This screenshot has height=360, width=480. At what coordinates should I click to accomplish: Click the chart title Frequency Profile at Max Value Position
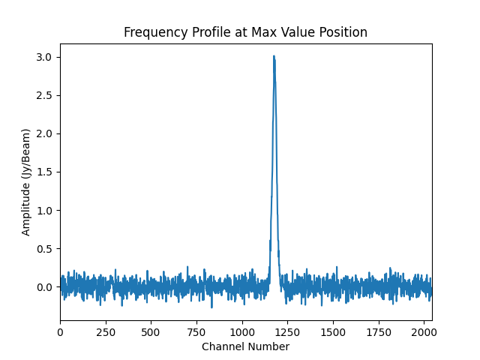[245, 32]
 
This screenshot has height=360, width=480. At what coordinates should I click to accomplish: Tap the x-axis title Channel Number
[245, 346]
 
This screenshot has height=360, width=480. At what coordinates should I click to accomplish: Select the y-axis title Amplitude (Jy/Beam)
[26, 182]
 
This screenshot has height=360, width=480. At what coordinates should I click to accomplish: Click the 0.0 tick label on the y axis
[46, 287]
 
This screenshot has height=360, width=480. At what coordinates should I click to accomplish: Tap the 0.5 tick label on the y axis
[46, 249]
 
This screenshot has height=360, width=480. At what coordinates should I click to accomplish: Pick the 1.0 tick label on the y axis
[46, 211]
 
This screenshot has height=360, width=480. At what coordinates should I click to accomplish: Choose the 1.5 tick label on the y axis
[46, 172]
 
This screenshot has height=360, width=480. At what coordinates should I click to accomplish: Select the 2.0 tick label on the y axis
[46, 134]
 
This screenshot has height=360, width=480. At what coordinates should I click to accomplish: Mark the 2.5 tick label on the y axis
[46, 96]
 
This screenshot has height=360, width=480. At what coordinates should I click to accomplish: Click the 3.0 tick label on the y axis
[46, 58]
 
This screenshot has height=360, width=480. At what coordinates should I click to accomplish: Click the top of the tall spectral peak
[274, 56]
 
